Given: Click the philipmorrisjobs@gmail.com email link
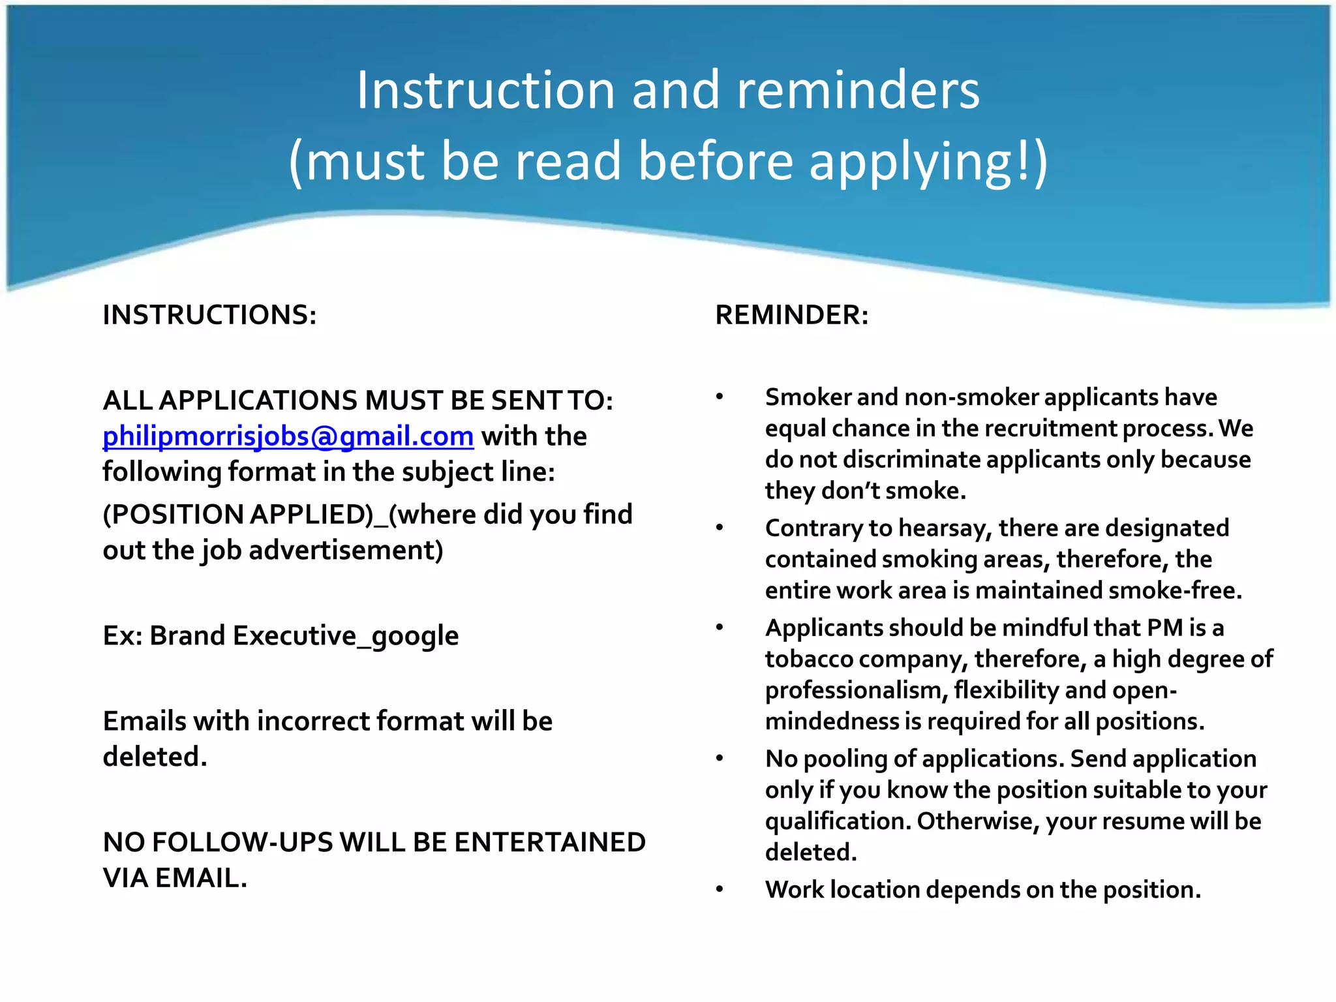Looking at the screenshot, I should pyautogui.click(x=288, y=436).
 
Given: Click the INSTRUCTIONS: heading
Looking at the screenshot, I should pyautogui.click(x=209, y=315).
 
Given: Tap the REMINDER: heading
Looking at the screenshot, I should pyautogui.click(x=792, y=315).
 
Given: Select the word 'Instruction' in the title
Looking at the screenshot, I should pyautogui.click(x=485, y=90).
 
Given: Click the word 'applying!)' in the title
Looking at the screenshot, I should pyautogui.click(x=928, y=162).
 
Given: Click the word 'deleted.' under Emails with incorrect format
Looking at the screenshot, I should pyautogui.click(x=155, y=757).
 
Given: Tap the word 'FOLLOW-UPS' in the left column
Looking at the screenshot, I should pyautogui.click(x=242, y=842).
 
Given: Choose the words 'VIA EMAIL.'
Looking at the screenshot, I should pyautogui.click(x=175, y=878).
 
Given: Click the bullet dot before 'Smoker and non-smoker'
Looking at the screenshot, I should pyautogui.click(x=720, y=397).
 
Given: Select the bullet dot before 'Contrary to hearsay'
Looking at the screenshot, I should pyautogui.click(x=720, y=528).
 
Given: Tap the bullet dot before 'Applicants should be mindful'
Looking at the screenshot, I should pyautogui.click(x=720, y=628).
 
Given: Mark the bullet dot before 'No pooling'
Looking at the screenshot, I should pyautogui.click(x=720, y=759).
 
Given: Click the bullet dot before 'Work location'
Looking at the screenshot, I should pyautogui.click(x=720, y=890).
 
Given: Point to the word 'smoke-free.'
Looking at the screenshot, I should pyautogui.click(x=1175, y=590).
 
